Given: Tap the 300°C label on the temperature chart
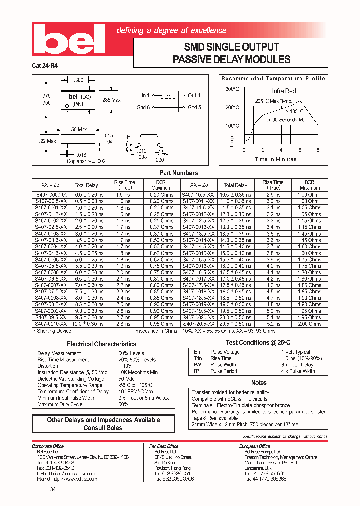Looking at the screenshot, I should pyautogui.click(x=232, y=89).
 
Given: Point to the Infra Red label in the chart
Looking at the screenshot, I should pyautogui.click(x=284, y=91).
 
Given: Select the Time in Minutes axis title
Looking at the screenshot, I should pyautogui.click(x=275, y=160).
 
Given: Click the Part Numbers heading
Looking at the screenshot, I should pyautogui.click(x=178, y=173).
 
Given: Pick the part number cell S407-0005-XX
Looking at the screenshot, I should pyautogui.click(x=50, y=259).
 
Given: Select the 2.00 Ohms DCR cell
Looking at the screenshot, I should pyautogui.click(x=309, y=324).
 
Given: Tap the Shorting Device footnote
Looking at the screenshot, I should pyautogui.click(x=52, y=331).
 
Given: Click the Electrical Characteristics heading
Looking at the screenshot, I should pyautogui.click(x=102, y=344).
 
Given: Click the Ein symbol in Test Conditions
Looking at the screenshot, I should pyautogui.click(x=197, y=352).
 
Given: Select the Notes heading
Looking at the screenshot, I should pyautogui.click(x=259, y=382).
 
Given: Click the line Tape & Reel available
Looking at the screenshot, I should pyautogui.click(x=215, y=418).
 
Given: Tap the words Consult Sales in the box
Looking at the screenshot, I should pyautogui.click(x=103, y=428).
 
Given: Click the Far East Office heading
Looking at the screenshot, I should pyautogui.click(x=164, y=446).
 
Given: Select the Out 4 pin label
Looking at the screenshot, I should pyautogui.click(x=194, y=95).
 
